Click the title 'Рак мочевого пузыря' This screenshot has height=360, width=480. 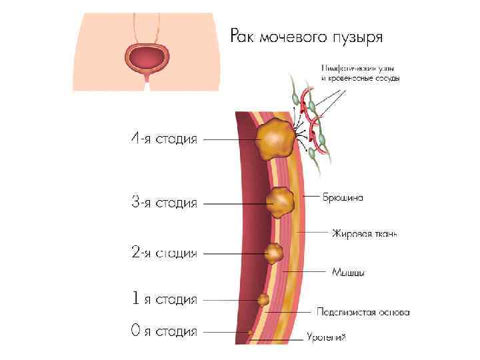pyautogui.click(x=307, y=35)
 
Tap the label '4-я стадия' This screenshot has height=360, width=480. pyautogui.click(x=163, y=139)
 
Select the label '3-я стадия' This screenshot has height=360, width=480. pyautogui.click(x=163, y=202)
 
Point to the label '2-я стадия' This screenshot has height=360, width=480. pyautogui.click(x=163, y=253)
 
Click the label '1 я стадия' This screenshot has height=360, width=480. pyautogui.click(x=163, y=300)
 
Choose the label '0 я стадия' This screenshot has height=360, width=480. pyautogui.click(x=163, y=331)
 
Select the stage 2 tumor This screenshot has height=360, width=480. pyautogui.click(x=274, y=253)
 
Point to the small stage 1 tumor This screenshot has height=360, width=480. pyautogui.click(x=263, y=300)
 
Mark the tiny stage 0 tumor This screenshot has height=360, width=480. pyautogui.click(x=251, y=331)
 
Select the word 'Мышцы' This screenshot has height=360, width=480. pyautogui.click(x=347, y=272)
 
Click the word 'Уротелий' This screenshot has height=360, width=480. pyautogui.click(x=326, y=338)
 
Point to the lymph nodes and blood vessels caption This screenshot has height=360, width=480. pyautogui.click(x=360, y=73)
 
